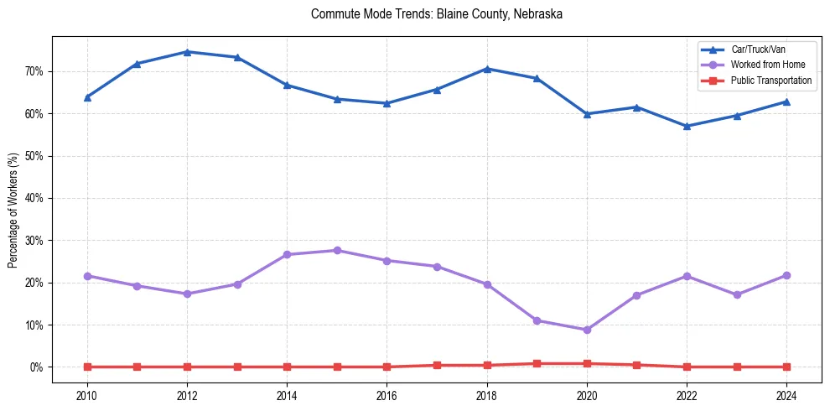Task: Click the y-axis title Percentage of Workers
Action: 13,210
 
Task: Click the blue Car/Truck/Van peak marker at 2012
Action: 187,52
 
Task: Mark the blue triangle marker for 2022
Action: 687,126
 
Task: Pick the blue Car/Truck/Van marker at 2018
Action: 487,69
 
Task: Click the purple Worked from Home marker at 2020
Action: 587,330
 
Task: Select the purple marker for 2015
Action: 337,250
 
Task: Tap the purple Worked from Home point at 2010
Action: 87,276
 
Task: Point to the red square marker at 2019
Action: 537,363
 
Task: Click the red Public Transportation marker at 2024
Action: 786,367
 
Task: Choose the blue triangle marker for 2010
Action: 87,97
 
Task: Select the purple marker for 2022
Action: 687,276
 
